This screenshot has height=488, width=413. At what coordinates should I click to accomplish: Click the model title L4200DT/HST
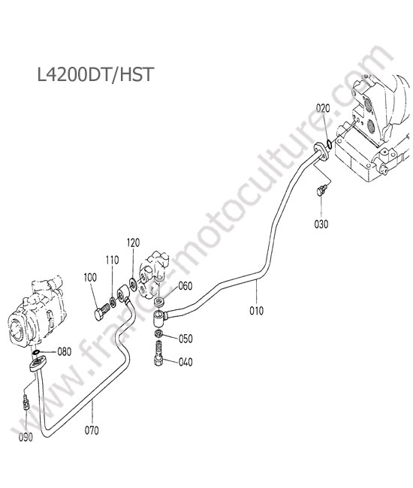[x=95, y=75]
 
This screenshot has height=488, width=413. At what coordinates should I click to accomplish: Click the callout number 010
[x=257, y=311]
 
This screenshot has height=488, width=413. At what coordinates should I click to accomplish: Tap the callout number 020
[x=323, y=109]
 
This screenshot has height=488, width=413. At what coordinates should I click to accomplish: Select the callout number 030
[x=321, y=224]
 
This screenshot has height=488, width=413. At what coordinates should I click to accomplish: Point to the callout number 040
[x=185, y=362]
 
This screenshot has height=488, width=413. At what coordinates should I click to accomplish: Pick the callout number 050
[x=185, y=339]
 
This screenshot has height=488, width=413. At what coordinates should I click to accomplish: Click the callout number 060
[x=185, y=286]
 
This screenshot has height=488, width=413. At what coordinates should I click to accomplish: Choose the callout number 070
[x=92, y=430]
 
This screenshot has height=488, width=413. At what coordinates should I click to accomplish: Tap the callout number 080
[x=65, y=351]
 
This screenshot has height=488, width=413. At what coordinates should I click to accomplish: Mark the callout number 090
[x=26, y=438]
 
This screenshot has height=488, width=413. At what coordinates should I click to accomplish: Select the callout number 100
[x=90, y=277]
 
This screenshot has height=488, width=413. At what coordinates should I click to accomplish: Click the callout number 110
[x=112, y=260]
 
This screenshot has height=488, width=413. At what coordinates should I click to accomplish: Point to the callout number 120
[x=133, y=242]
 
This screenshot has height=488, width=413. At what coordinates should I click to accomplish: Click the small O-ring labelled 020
[x=329, y=144]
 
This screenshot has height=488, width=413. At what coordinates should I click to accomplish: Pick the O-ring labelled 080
[x=36, y=352]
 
